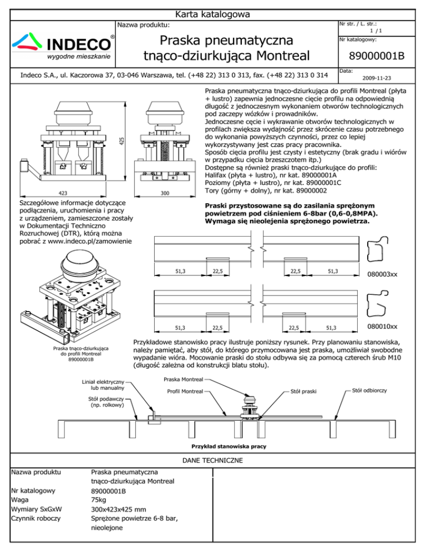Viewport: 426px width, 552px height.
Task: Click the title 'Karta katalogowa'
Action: pos(213,14)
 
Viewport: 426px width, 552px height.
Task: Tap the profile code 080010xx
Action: pos(382,327)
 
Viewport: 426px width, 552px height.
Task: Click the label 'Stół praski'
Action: pos(304,392)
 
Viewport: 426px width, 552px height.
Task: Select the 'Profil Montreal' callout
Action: pos(184,392)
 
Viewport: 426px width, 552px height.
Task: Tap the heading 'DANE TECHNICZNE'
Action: pos(213,460)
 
